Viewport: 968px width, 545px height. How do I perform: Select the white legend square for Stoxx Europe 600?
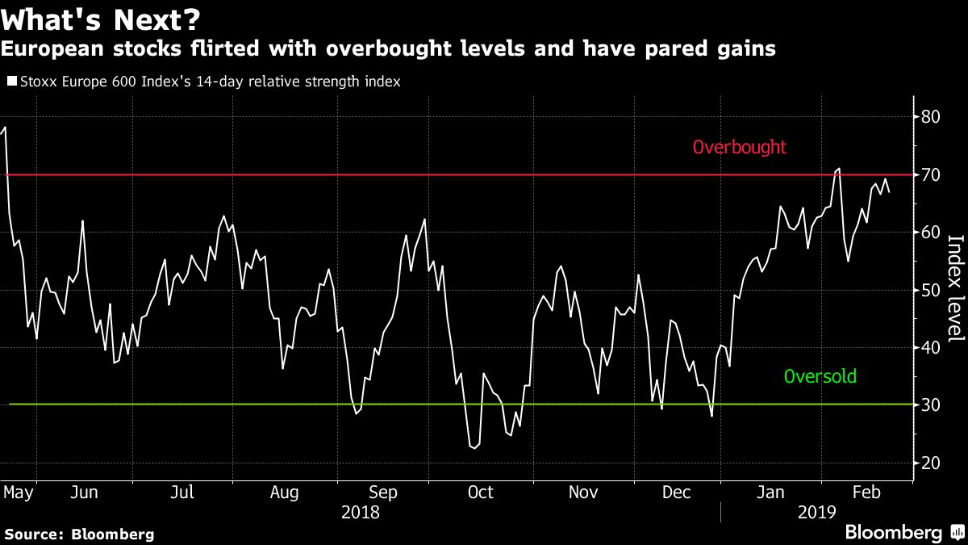[x=10, y=82]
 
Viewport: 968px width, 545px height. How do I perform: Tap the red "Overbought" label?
[x=739, y=148]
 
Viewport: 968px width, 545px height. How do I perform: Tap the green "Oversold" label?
[x=820, y=376]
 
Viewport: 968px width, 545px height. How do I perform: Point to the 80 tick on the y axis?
[x=930, y=117]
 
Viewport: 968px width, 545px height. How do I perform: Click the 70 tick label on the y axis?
[x=930, y=174]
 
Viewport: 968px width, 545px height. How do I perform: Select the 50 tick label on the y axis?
[x=930, y=290]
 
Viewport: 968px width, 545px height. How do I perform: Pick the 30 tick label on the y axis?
[x=930, y=405]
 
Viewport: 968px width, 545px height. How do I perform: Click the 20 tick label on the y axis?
[x=930, y=463]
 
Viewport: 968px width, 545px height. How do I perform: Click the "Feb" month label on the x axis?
[x=867, y=493]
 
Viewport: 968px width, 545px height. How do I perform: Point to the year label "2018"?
[x=360, y=512]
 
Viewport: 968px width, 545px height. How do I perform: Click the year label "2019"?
[x=816, y=512]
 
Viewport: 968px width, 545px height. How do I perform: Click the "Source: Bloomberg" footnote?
[x=78, y=534]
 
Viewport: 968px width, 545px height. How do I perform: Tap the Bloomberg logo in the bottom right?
[x=903, y=532]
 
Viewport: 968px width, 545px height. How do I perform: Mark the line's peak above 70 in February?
[x=839, y=169]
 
